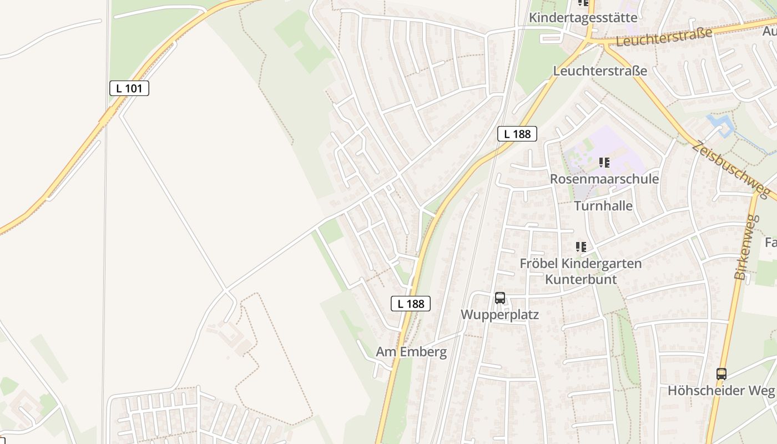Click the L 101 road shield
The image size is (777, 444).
[x=129, y=88]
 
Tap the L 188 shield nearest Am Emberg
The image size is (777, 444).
[x=411, y=304]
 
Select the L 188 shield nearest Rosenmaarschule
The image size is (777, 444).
[x=517, y=134]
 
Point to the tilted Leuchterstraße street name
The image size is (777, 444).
[x=664, y=37]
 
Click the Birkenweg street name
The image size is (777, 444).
[x=746, y=247]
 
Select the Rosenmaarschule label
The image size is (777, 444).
[x=604, y=179]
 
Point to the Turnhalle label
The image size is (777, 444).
[x=603, y=206]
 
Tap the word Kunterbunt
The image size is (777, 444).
[x=581, y=279]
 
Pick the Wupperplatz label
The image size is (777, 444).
[x=500, y=315]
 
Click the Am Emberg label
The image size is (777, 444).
[x=411, y=352]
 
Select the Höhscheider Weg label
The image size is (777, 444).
[x=721, y=390]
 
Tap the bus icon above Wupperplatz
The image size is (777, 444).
[x=500, y=298]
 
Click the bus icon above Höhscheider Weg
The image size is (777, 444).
[x=721, y=374]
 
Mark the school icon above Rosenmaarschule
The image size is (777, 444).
[x=604, y=163]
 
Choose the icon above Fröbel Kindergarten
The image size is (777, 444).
[x=581, y=247]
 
